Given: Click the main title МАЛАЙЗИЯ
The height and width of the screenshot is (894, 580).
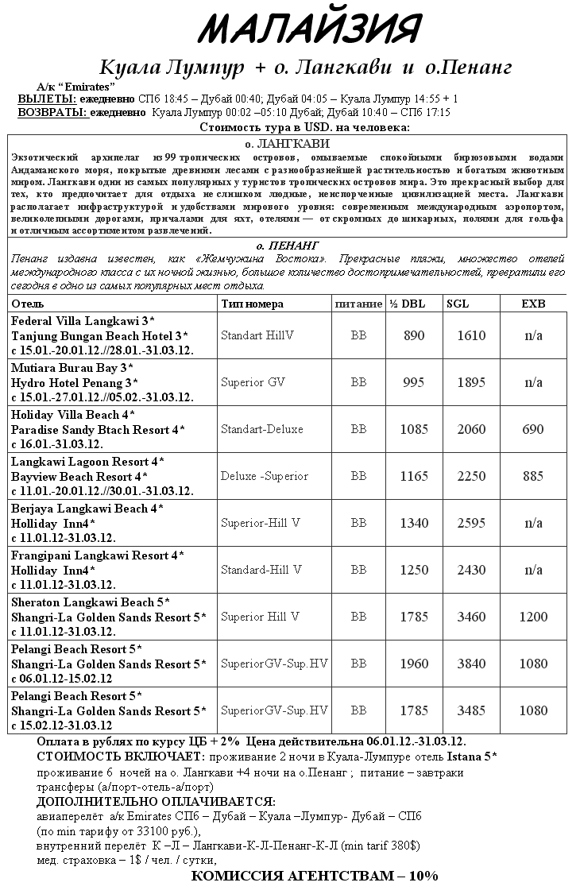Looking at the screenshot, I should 309,30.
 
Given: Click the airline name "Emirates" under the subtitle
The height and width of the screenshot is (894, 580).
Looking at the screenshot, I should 91,86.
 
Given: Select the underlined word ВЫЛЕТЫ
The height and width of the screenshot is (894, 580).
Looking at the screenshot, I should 47,99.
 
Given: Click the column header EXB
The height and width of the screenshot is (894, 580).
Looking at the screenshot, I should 533,304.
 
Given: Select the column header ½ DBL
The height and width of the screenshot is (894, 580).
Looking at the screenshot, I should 408,304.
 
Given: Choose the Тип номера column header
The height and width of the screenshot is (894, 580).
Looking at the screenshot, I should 252,304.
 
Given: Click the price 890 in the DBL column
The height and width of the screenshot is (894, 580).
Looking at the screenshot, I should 415,335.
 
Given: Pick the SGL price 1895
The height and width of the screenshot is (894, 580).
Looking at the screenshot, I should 471,382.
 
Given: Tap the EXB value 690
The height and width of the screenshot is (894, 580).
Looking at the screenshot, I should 533,429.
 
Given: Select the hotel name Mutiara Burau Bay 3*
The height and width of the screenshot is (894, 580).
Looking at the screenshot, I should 72,368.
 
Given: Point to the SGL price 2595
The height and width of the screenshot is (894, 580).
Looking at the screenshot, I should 471,523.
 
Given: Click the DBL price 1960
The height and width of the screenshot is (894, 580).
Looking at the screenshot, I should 415,664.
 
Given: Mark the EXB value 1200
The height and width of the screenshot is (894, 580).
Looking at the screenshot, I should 533,617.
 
